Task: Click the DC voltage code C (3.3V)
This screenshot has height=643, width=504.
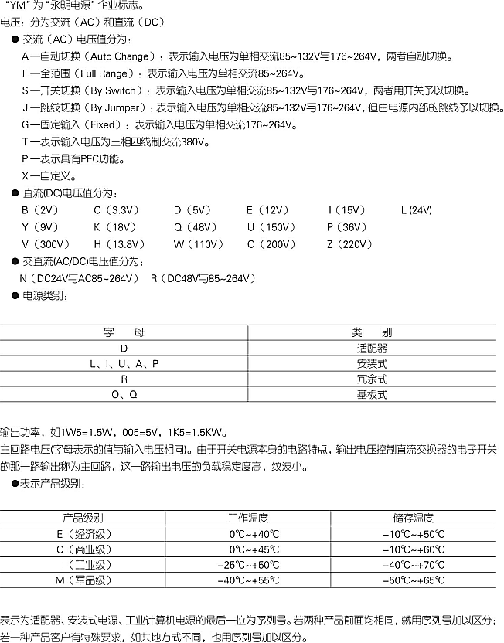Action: [x=113, y=209]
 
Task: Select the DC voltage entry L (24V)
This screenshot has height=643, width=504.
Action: [x=417, y=209]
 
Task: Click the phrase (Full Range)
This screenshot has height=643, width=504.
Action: [x=103, y=73]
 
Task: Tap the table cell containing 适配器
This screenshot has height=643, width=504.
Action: [x=372, y=349]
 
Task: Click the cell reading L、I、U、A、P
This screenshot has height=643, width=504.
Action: [x=124, y=363]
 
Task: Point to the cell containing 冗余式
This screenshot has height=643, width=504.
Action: [x=372, y=379]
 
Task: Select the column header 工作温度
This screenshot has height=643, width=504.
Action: [x=248, y=519]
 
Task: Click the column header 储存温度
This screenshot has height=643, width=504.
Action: [x=414, y=519]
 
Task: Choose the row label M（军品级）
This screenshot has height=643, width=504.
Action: [x=82, y=580]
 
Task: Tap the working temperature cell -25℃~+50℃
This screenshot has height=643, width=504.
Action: [x=248, y=565]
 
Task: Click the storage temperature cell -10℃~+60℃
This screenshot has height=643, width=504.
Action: [x=414, y=549]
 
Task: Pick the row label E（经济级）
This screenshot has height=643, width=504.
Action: [x=82, y=534]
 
